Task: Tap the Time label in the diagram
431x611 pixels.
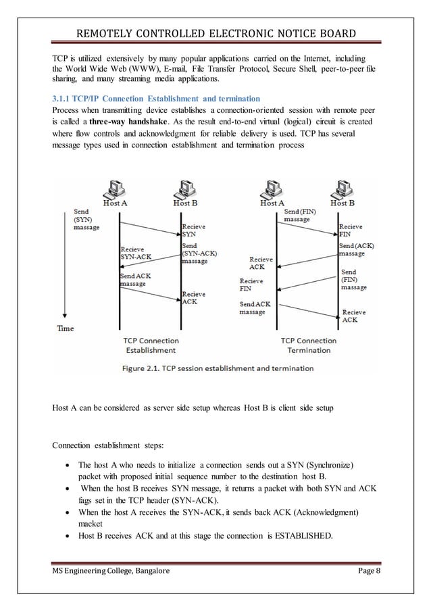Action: tap(66, 328)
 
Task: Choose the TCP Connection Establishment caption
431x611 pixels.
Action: tap(151, 345)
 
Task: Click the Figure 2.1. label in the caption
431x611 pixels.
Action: tap(145, 368)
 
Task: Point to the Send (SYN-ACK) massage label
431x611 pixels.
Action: tap(195, 253)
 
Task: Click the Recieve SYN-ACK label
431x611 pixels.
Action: tap(136, 253)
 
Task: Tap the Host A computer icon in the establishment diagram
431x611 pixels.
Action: tap(120, 187)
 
